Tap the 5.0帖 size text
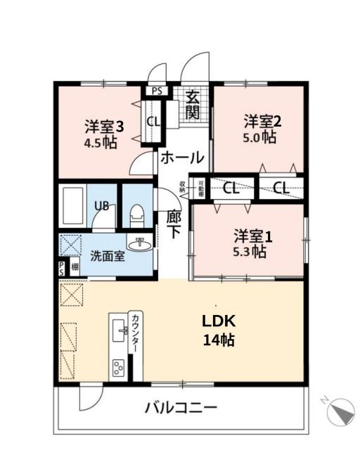pyautogui.click(x=259, y=138)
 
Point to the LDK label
pyautogui.click(x=218, y=321)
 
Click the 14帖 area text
pyautogui.click(x=218, y=340)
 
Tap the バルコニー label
pyautogui.click(x=181, y=407)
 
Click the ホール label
pyautogui.click(x=182, y=158)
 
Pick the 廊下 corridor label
pyautogui.click(x=174, y=226)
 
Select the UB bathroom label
pyautogui.click(x=102, y=207)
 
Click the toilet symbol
pyautogui.click(x=137, y=213)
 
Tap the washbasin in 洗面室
pyautogui.click(x=143, y=245)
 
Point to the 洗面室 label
pyautogui.click(x=107, y=256)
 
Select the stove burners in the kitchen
pyautogui.click(x=117, y=366)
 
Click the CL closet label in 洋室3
pyautogui.click(x=153, y=121)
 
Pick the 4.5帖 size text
pyautogui.click(x=101, y=142)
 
